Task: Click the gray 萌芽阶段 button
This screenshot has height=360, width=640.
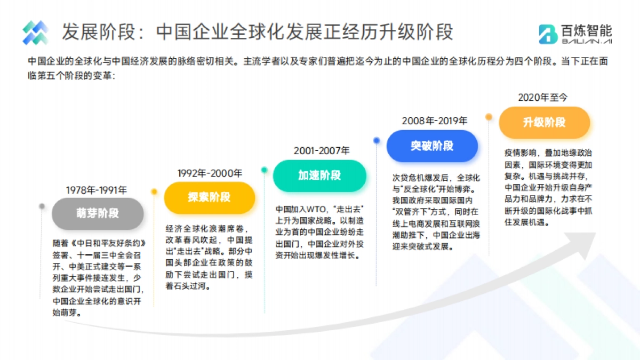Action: point(98,213)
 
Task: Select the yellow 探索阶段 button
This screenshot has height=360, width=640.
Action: point(209,197)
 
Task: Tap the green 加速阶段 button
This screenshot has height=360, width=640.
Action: point(319,175)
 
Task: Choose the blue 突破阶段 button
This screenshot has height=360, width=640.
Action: point(432,146)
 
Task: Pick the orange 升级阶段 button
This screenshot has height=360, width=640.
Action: point(544,122)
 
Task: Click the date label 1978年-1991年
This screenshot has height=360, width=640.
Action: point(97,190)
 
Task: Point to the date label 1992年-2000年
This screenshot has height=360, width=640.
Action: point(210,173)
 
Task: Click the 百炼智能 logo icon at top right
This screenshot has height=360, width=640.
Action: point(548,34)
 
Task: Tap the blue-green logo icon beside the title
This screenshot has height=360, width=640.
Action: point(35,33)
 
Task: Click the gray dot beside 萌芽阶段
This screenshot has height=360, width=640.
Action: point(42,206)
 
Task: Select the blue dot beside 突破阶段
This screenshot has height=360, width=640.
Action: point(377,140)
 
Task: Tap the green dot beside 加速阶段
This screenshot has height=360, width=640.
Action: point(264,170)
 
